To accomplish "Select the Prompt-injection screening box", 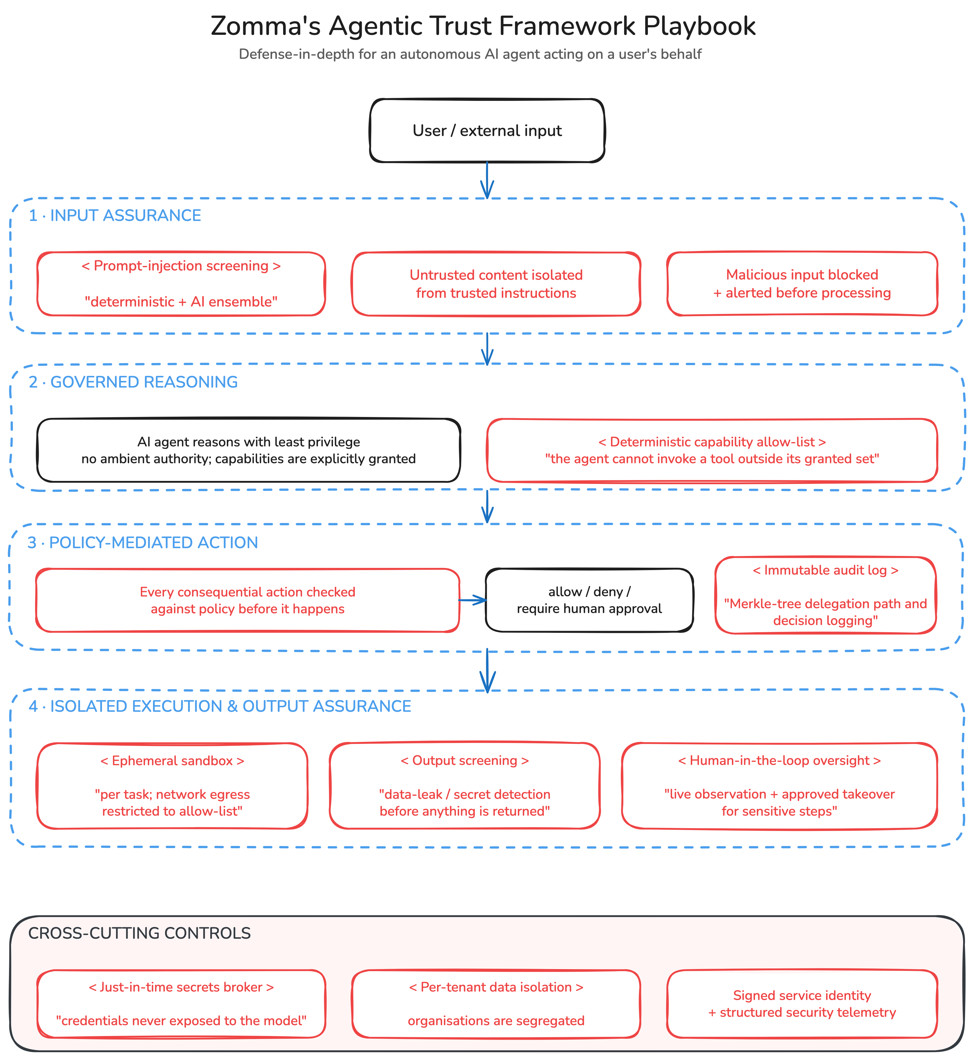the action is tap(181, 284).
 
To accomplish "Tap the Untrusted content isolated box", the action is tap(496, 284).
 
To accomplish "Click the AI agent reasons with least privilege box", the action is tap(249, 450).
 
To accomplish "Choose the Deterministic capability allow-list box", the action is tap(712, 450).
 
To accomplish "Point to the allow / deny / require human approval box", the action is tap(589, 600).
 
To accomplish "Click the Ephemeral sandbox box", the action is tap(172, 786).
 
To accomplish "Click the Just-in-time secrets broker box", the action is tap(181, 1004).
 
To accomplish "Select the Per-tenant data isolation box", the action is tap(496, 1004).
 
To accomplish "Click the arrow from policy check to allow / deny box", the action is tap(473, 600).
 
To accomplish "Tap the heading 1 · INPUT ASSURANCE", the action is tap(115, 216).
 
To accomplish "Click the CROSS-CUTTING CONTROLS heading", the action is tap(139, 933).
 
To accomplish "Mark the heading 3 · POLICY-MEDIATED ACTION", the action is tap(143, 543).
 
